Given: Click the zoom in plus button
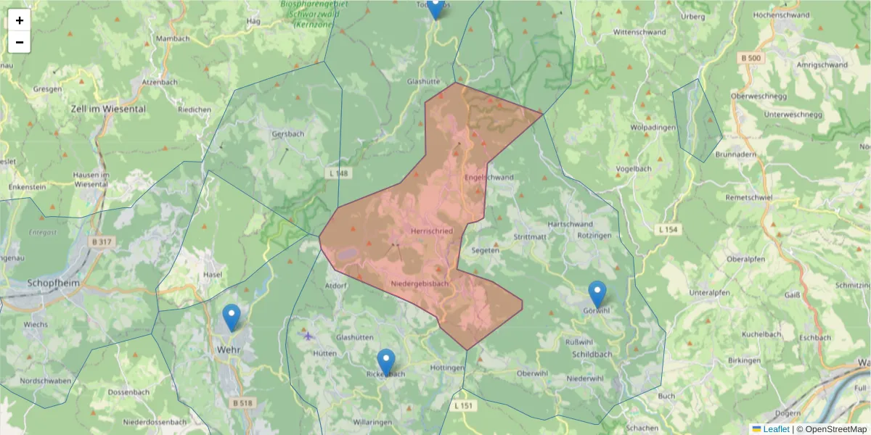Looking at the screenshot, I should click(x=20, y=20).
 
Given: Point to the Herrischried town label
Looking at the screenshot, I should click(x=432, y=231).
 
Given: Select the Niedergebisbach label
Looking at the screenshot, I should click(x=420, y=283).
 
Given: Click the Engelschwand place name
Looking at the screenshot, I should click(x=488, y=177).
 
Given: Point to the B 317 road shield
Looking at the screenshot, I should click(x=103, y=241).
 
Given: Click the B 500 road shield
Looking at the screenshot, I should click(x=751, y=57).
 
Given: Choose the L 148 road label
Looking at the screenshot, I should click(x=338, y=173).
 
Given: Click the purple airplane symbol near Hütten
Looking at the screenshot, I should click(x=308, y=335).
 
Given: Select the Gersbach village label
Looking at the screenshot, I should click(x=287, y=134).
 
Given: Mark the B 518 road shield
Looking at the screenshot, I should click(x=244, y=402).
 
